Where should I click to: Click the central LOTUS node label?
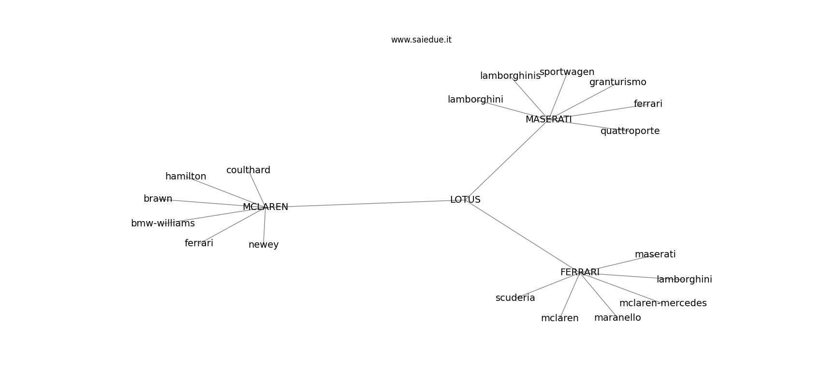(x=465, y=200)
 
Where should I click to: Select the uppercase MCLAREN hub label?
(x=265, y=207)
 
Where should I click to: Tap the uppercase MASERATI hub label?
(x=549, y=119)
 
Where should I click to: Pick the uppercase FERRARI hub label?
(x=580, y=272)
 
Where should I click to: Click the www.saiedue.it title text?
(x=421, y=40)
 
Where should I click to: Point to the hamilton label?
(x=186, y=177)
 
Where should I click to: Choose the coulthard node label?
(x=248, y=170)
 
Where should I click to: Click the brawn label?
(x=158, y=199)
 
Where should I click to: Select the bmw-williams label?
(x=163, y=223)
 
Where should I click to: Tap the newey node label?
(x=264, y=245)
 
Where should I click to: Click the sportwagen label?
(x=567, y=73)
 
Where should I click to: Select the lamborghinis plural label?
(x=511, y=76)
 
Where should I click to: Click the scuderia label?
(x=515, y=298)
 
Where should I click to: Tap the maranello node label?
(x=617, y=318)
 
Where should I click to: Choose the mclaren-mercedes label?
(x=663, y=303)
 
